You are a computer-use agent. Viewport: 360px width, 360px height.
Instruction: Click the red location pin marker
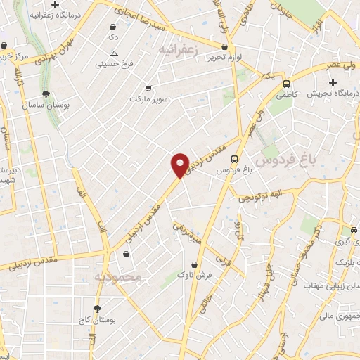tap(181, 165)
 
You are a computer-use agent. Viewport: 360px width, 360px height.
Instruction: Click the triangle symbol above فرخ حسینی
tap(114, 54)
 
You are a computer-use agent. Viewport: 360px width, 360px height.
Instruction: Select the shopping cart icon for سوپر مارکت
tap(148, 89)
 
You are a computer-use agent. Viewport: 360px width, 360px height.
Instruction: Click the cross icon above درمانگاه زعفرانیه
tap(75, 5)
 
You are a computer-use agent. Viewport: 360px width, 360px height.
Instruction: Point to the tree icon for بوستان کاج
tap(98, 308)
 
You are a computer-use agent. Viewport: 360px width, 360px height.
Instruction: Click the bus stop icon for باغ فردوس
tap(234, 158)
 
